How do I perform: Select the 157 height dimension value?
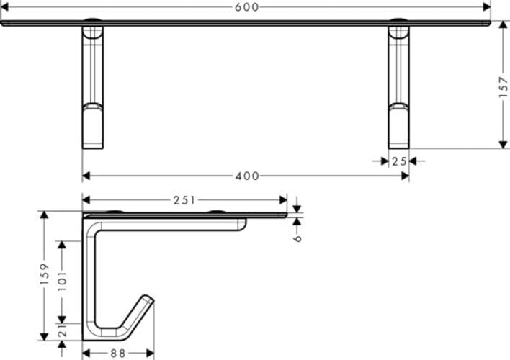click(x=503, y=86)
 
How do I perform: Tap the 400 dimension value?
click(x=246, y=176)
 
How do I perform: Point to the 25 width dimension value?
click(x=400, y=161)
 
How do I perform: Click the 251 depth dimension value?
click(x=184, y=200)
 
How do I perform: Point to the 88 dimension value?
click(x=117, y=353)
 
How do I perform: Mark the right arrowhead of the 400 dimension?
click(x=405, y=176)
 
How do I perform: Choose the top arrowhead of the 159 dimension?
click(x=44, y=215)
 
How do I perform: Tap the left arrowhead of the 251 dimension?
click(x=87, y=200)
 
